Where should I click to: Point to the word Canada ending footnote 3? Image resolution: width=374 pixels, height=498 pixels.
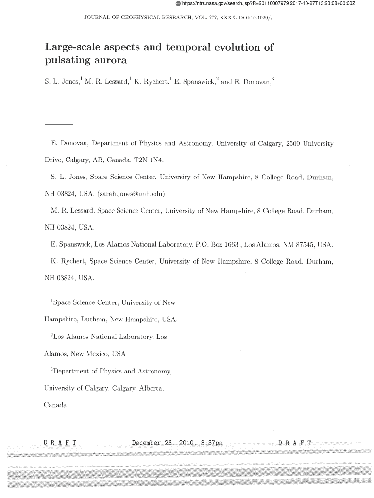pos(56,405)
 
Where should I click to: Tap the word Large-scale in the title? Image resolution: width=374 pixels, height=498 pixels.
pos(74,48)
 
